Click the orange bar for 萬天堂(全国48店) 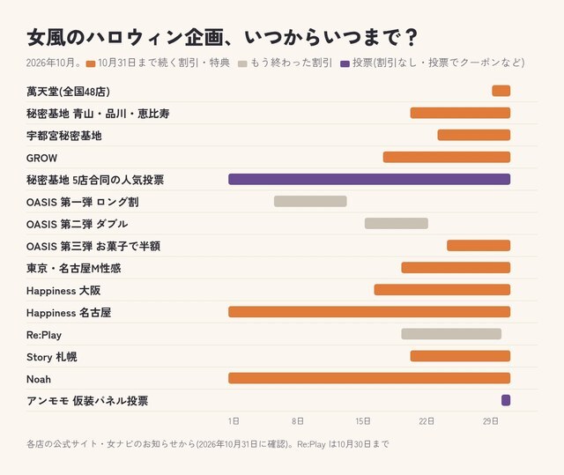[x=501, y=91]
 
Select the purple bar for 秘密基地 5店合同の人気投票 [x=369, y=179]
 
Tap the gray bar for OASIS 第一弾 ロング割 [x=310, y=201]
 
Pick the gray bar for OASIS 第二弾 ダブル [x=397, y=223]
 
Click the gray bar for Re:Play [x=451, y=334]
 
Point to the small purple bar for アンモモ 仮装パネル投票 [x=506, y=400]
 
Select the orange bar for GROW [x=447, y=157]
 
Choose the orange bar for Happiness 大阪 [x=442, y=290]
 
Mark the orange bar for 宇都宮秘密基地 [x=474, y=135]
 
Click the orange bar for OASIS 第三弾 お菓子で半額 [x=479, y=246]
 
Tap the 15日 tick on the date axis [x=363, y=421]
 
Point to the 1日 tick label [x=234, y=421]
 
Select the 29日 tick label [x=491, y=421]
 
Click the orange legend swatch [x=91, y=64]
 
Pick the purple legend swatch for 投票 [x=345, y=64]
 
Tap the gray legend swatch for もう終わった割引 [x=243, y=64]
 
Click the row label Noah [x=39, y=379]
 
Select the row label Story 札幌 [x=52, y=357]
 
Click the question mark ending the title [x=411, y=37]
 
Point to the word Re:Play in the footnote [x=311, y=444]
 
